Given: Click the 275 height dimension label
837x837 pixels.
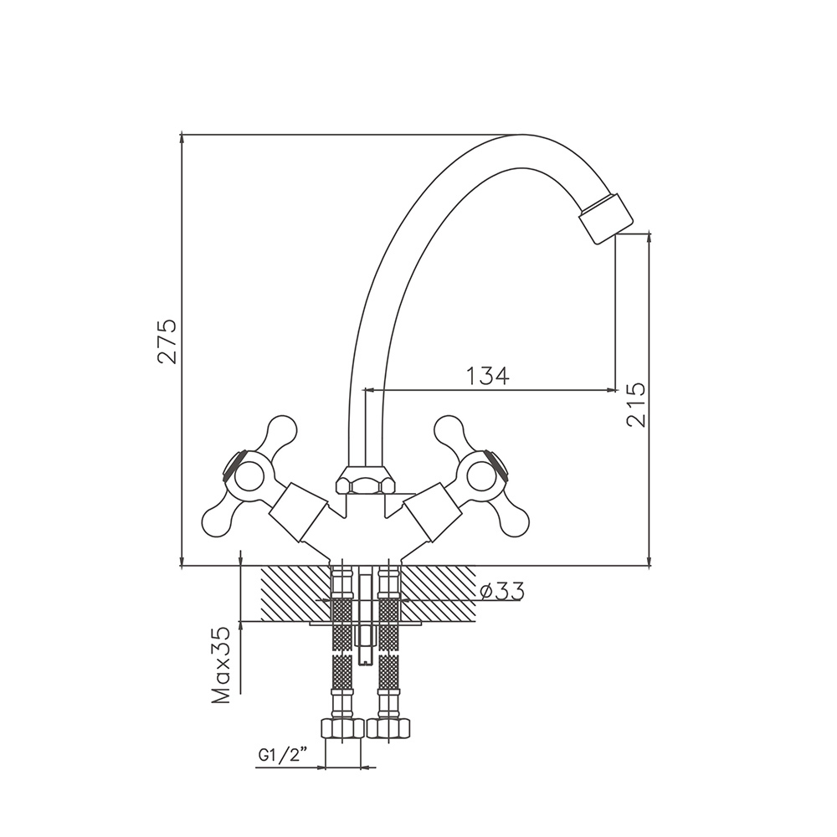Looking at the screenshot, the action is (167, 341).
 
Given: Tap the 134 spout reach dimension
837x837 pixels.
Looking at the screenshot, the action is (489, 376).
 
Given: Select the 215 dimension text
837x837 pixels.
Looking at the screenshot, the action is (635, 404).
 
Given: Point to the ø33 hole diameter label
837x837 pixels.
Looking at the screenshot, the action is (501, 592).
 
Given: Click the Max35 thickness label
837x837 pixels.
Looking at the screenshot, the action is (221, 665).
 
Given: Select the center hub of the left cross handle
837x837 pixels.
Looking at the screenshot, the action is (247, 475).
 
